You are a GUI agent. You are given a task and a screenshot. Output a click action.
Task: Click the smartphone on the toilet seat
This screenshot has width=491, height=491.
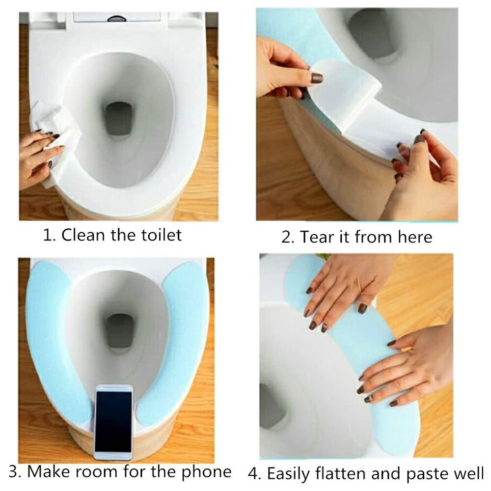[x=113, y=422]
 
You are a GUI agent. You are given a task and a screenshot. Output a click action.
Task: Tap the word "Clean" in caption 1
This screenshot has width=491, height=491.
[x=82, y=235]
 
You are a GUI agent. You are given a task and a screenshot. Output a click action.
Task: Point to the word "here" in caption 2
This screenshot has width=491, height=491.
[x=415, y=237]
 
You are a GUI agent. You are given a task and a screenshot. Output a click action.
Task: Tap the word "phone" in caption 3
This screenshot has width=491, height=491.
[x=206, y=472]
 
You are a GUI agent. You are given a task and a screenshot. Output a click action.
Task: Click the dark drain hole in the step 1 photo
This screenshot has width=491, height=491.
[x=118, y=119]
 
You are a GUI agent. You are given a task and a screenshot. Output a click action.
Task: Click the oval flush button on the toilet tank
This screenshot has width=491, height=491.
[x=117, y=19]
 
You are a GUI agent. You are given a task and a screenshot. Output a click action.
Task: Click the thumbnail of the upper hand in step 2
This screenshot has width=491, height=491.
[x=317, y=78]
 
